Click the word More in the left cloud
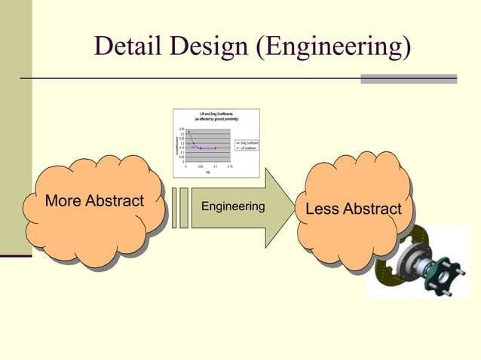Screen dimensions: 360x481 point(63,201)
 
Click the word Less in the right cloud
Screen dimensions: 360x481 point(323,209)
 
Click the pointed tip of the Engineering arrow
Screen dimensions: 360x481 point(294,207)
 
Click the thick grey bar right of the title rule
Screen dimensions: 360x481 point(408,78)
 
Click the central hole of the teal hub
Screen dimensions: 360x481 point(444,277)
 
